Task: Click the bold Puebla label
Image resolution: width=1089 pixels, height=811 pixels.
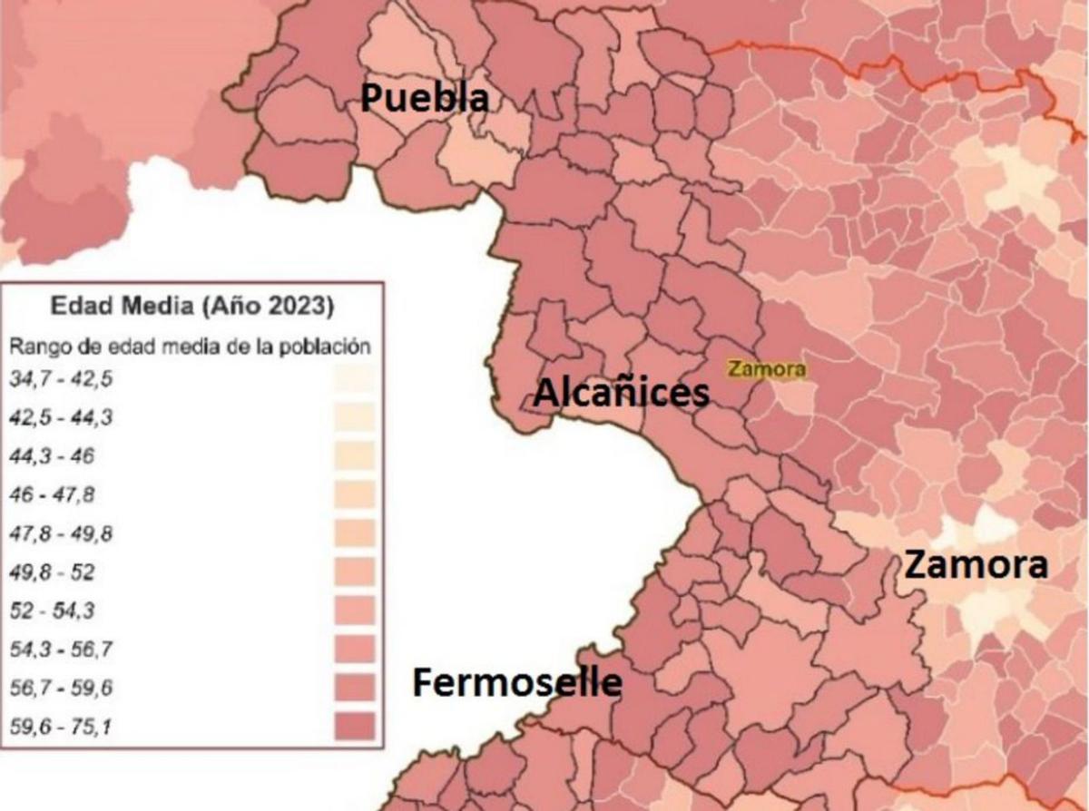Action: [425, 99]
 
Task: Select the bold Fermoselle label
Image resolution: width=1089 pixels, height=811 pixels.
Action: [517, 683]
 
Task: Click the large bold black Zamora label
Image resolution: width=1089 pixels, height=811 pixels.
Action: [976, 565]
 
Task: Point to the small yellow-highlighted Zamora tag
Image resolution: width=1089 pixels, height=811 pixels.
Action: [766, 369]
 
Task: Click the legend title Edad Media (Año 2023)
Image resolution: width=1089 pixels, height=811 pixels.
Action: [191, 307]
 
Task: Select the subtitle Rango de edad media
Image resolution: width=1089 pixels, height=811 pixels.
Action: [190, 347]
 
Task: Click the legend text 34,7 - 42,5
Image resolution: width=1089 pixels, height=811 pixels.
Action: [61, 379]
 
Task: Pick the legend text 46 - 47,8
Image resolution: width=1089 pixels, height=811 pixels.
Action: [52, 495]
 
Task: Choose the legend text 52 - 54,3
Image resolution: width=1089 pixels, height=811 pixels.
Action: [52, 611]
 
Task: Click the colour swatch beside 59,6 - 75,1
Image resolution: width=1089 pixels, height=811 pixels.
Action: [354, 727]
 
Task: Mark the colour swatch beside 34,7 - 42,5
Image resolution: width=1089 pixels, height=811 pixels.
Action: [354, 379]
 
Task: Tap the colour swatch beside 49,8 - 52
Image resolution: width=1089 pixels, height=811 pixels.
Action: [354, 572]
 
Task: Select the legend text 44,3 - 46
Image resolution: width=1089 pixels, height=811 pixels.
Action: [52, 456]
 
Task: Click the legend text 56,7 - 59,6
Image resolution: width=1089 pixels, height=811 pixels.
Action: [61, 689]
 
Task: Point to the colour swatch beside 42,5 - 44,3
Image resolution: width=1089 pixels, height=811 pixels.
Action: [354, 418]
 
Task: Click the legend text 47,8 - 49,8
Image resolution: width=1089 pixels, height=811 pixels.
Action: [61, 533]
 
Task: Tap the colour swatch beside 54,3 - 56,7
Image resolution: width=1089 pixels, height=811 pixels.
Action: [354, 650]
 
